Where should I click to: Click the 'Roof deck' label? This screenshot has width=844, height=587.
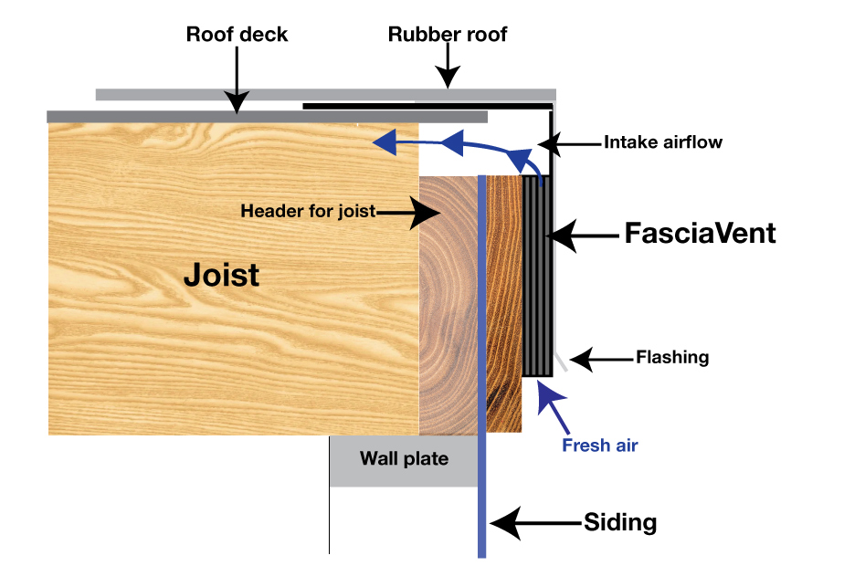(x=237, y=35)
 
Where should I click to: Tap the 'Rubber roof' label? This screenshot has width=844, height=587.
(x=448, y=35)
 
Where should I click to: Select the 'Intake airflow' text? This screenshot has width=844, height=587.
(x=662, y=142)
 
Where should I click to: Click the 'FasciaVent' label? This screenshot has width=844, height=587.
(x=700, y=234)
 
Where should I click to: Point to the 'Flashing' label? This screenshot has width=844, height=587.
(x=672, y=358)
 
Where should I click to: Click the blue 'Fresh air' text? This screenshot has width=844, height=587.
(x=599, y=445)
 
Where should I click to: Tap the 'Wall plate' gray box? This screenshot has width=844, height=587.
(x=404, y=459)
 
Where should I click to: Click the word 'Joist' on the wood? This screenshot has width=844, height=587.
(x=222, y=274)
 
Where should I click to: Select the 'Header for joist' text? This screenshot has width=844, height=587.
(x=308, y=211)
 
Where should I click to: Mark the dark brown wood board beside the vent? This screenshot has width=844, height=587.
(x=503, y=301)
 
